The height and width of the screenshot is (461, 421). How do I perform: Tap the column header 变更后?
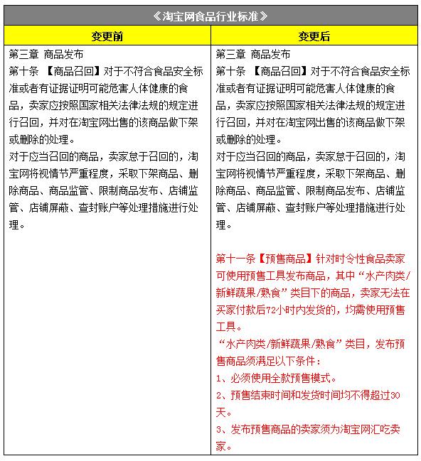[314, 36]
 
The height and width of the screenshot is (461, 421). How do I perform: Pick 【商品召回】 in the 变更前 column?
[72, 71]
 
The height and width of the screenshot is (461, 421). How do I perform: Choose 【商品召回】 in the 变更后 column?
[279, 71]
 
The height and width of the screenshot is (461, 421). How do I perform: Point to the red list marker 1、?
[221, 378]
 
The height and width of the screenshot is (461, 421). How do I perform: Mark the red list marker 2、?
[221, 395]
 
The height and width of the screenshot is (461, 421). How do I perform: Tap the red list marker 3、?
[221, 429]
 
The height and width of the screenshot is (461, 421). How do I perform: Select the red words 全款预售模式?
[304, 378]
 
